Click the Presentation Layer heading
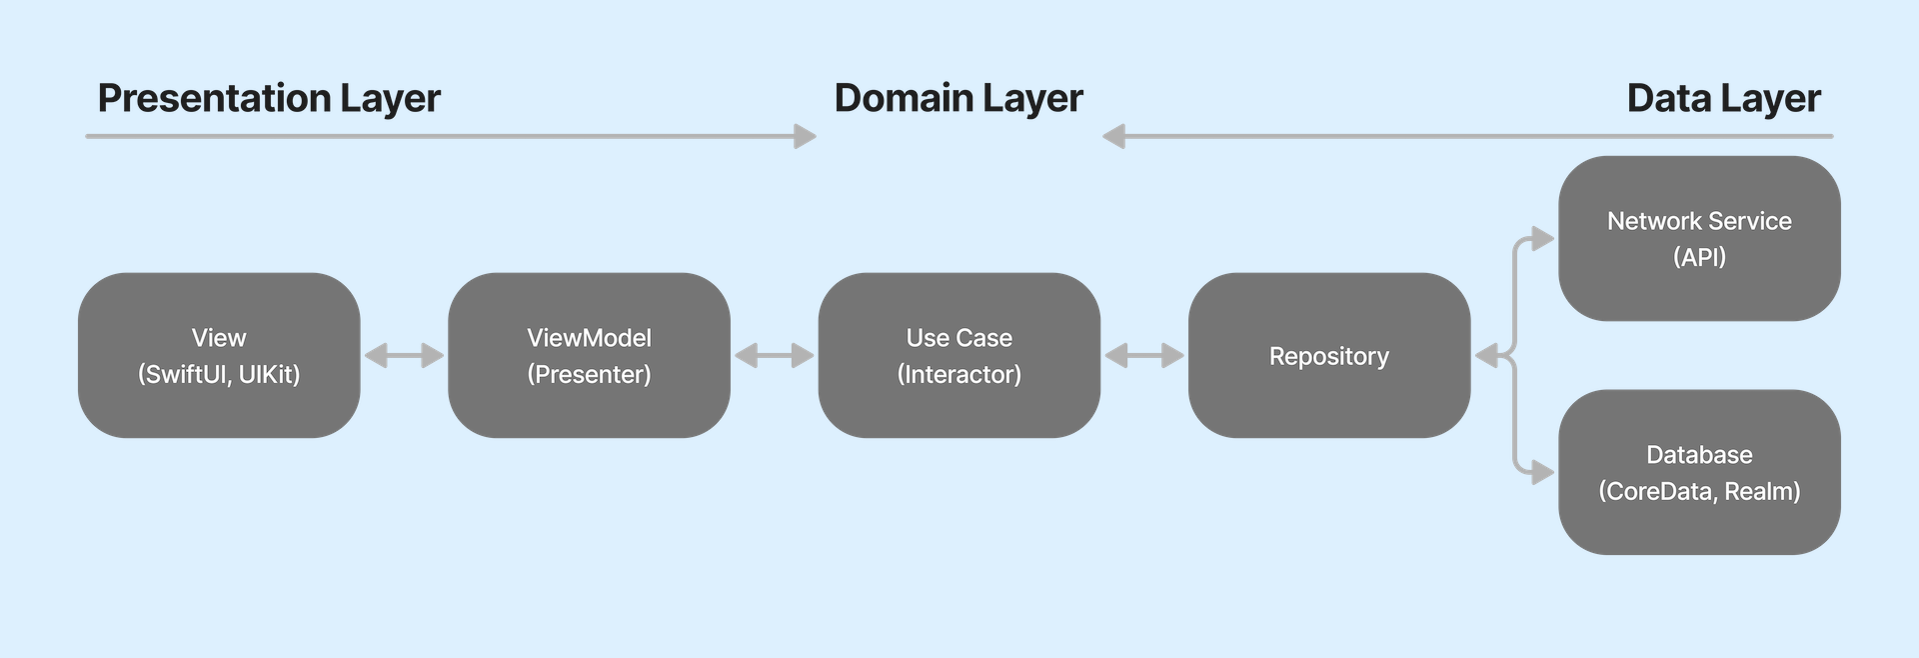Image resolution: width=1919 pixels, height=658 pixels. point(269,98)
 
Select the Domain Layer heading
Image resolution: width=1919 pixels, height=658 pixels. point(959,98)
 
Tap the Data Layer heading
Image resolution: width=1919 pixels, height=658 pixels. point(1723,98)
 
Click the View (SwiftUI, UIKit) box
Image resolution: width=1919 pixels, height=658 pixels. point(219,355)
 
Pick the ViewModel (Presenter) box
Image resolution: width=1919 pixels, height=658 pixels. point(589,355)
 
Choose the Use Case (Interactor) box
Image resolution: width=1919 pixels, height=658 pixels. point(959,355)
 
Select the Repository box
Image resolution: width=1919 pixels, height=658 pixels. point(1328,355)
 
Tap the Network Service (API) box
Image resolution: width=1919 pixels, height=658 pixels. point(1699,238)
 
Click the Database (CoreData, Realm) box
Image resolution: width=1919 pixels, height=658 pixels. point(1699,472)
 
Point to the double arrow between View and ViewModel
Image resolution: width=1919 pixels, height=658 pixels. point(404,355)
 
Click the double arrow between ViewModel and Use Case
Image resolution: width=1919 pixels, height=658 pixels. point(774,355)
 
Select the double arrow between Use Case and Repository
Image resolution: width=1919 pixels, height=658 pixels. point(1143,355)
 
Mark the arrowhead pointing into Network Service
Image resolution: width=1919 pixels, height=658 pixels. point(1543,239)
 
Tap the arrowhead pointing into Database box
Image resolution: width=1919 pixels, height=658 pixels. point(1543,472)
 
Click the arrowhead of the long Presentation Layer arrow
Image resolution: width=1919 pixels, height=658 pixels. point(806,136)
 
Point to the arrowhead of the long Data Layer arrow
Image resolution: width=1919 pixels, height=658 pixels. point(1113,136)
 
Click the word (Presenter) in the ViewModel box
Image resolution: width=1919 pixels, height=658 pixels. point(589,374)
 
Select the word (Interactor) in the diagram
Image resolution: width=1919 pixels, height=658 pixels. point(959,374)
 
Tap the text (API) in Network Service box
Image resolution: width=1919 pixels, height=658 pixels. point(1699,257)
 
